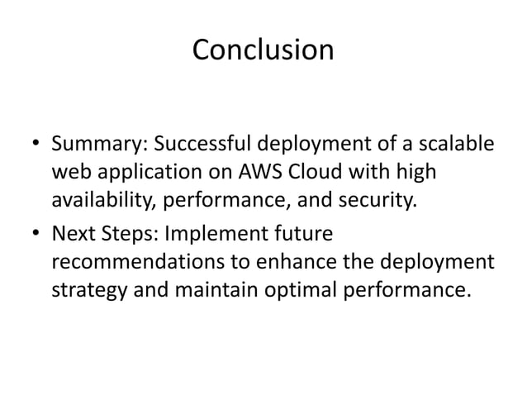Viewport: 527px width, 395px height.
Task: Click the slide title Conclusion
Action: [x=263, y=50]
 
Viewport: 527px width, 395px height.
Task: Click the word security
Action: [x=368, y=202]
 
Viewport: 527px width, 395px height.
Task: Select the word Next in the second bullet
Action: [x=72, y=236]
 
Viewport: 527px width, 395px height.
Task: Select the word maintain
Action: [x=215, y=290]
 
